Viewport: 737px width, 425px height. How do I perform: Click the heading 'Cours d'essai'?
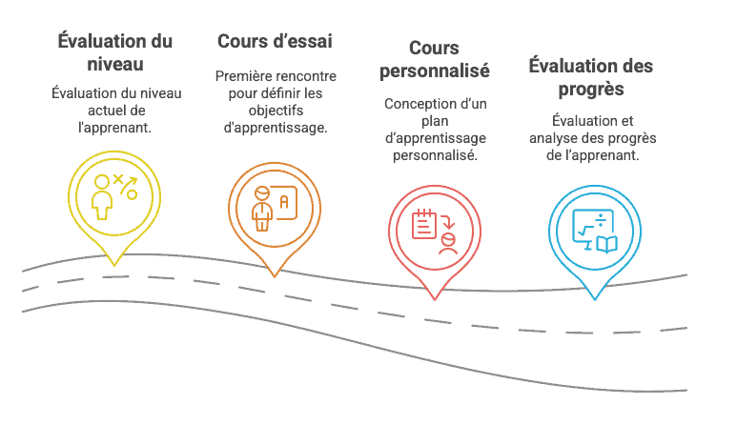pyautogui.click(x=275, y=41)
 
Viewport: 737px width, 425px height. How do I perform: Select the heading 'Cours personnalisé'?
pyautogui.click(x=435, y=60)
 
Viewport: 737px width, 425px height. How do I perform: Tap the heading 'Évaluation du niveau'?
pyautogui.click(x=115, y=52)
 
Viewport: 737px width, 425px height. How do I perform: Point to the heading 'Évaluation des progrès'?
pyautogui.click(x=591, y=77)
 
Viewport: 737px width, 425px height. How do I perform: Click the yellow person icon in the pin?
pyautogui.click(x=101, y=197)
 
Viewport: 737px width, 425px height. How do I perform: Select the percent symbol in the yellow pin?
pyautogui.click(x=126, y=187)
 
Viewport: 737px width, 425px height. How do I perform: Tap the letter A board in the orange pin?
pyautogui.click(x=283, y=202)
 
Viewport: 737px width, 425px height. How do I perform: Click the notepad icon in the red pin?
pyautogui.click(x=424, y=224)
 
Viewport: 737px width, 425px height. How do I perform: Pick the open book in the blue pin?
pyautogui.click(x=606, y=244)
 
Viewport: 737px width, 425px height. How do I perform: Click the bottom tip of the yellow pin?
pyautogui.click(x=114, y=266)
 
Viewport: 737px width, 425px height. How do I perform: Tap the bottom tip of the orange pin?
pyautogui.click(x=275, y=276)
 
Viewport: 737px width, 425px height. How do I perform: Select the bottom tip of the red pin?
pyautogui.click(x=435, y=299)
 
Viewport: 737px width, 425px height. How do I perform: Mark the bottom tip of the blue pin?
pyautogui.click(x=595, y=299)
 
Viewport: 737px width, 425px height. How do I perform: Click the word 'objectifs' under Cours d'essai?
pyautogui.click(x=276, y=111)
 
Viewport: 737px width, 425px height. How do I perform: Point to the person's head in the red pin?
pyautogui.click(x=449, y=239)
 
